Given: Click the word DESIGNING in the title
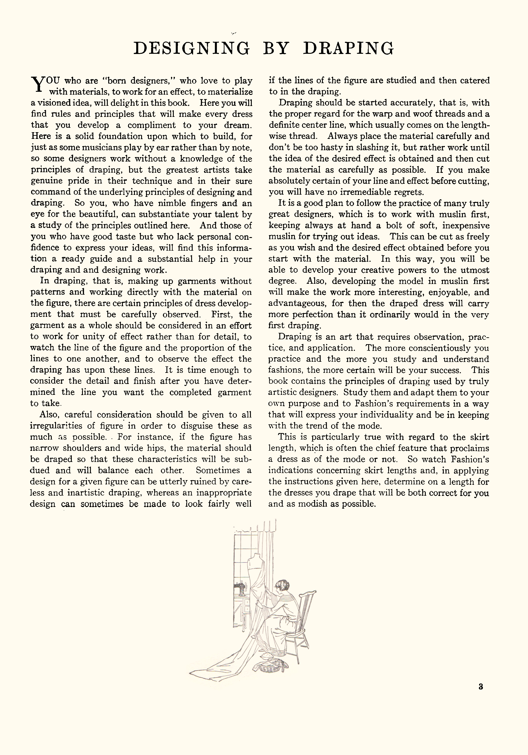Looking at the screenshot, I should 192,48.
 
